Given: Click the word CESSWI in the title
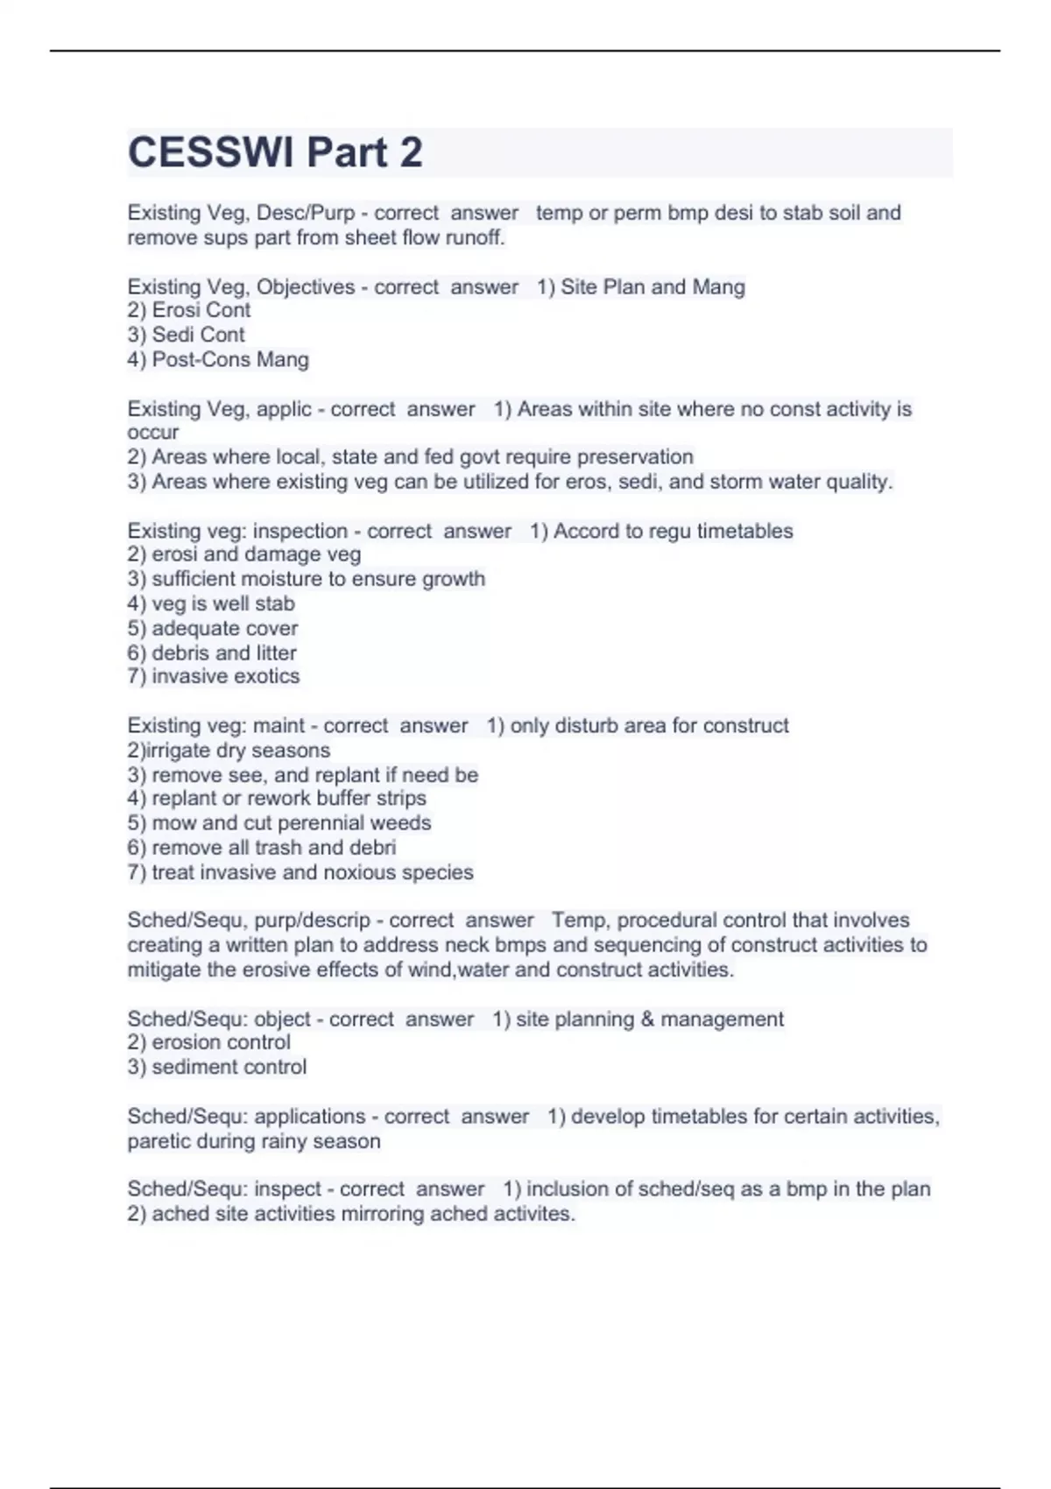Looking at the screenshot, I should [x=210, y=152].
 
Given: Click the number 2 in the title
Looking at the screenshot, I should [x=411, y=152].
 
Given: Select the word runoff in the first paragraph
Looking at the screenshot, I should [x=475, y=237].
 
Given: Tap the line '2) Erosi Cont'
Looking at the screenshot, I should [x=189, y=310].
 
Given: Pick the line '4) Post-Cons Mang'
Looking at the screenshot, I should [x=218, y=359].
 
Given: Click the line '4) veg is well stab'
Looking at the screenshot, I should [x=211, y=603].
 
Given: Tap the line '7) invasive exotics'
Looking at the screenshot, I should [x=214, y=676].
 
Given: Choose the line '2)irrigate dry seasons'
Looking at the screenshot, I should [x=229, y=751].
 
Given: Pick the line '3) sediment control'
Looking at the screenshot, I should [x=217, y=1067].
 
